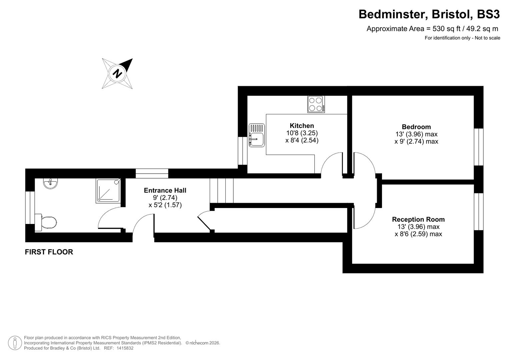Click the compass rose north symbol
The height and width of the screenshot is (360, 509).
pos(117,73)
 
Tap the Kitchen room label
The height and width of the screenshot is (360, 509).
pos(302,126)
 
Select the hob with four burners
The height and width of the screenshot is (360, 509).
pos(316,104)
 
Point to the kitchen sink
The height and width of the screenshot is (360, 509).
pos(257,135)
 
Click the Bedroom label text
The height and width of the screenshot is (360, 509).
pos(416,127)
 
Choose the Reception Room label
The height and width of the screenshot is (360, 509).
pos(418,219)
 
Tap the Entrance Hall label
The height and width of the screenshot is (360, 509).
pos(165,190)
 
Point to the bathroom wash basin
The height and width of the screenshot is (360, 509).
pos(51,183)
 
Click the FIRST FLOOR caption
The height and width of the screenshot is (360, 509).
pos(49,252)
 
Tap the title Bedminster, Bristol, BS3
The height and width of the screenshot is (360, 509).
pos(429,14)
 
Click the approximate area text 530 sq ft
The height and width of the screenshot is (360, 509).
pos(432,29)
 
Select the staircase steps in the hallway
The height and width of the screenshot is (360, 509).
pos(222,190)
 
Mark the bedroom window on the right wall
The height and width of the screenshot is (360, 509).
pos(479,147)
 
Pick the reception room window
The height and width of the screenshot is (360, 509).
pos(479,211)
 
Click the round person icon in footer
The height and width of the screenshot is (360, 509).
pos(15,343)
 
